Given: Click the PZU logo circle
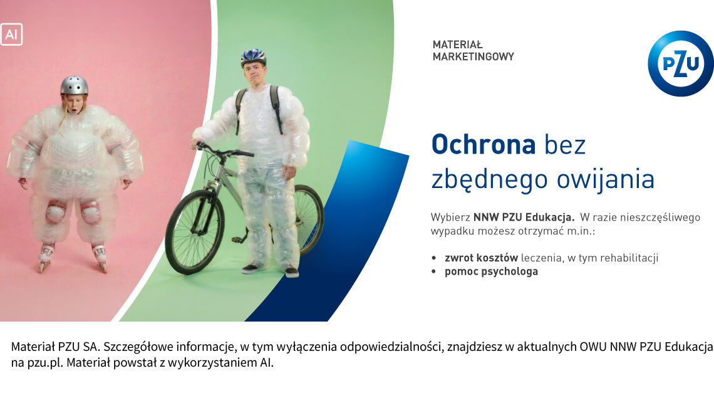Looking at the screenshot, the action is coord(681,63).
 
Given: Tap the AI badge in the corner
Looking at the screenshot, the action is coord(11,34).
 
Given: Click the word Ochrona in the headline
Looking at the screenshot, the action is coord(483,145).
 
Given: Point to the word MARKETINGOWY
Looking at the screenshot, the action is coord(473,56).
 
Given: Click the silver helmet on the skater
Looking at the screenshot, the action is coord(75,85).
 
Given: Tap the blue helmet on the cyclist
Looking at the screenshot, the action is coord(253,56).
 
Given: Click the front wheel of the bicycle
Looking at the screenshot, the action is coord(195,232).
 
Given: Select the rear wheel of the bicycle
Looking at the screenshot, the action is coord(308,219).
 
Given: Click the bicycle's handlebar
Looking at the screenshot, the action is coord(223,150).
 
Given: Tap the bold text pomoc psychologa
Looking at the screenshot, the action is coord(491,272).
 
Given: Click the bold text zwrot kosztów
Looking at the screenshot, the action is coord(481,258).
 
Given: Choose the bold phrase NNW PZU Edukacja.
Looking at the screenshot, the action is coord(524,217).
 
